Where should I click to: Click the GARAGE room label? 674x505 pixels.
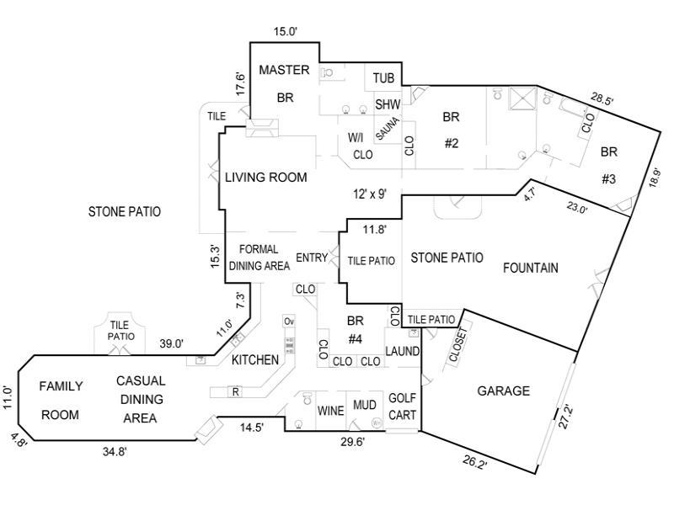[x=503, y=391]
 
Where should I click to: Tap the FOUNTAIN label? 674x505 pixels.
[x=531, y=268]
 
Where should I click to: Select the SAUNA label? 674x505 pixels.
[x=388, y=129]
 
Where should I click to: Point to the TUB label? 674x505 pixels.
[x=383, y=78]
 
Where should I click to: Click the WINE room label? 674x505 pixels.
[x=330, y=411]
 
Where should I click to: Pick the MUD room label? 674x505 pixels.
[x=365, y=405]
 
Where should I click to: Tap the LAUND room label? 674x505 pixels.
[x=403, y=351]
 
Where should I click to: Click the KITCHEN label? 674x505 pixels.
[x=255, y=360]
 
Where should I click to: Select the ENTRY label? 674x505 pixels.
[x=312, y=258]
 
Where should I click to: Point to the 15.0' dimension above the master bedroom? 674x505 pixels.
[x=286, y=31]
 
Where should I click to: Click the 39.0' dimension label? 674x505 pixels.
[x=172, y=343]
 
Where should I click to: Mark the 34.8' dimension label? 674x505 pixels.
[x=115, y=451]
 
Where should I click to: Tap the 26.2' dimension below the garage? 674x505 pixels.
[x=474, y=462]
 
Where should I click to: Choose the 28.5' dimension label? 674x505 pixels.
[x=602, y=99]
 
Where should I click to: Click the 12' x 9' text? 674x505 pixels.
[x=370, y=194]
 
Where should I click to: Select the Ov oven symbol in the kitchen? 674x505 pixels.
[x=289, y=322]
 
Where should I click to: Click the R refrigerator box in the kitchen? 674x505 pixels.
[x=236, y=391]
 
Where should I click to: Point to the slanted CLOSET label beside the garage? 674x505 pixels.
[x=457, y=345]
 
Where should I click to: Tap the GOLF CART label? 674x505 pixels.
[x=402, y=407]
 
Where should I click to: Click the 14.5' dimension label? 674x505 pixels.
[x=252, y=428]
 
